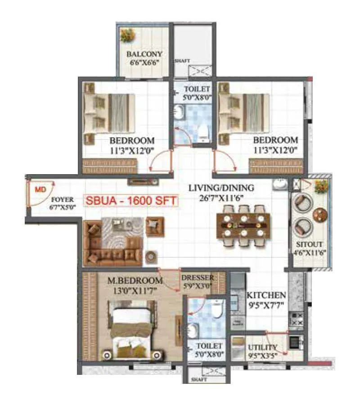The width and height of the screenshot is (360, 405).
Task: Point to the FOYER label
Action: click(62, 199)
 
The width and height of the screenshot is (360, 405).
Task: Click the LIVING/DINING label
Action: click(221, 188)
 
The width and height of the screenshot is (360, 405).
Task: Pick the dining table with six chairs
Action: click(243, 225)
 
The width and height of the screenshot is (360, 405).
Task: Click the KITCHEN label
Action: click(266, 295)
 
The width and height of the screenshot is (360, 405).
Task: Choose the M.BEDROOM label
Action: click(128, 281)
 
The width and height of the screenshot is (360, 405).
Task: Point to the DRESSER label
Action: click(198, 278)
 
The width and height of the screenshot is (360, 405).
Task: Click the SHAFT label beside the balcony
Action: click(182, 61)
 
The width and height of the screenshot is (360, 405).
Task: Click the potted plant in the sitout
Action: click(321, 185)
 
